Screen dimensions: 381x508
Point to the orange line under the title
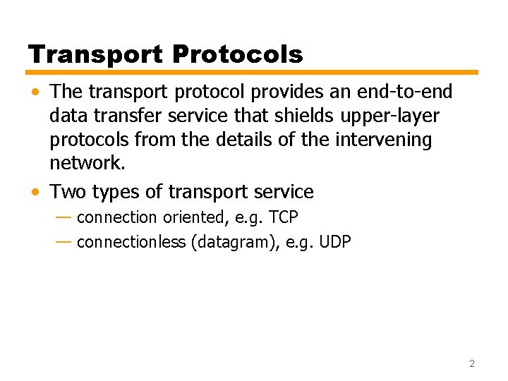coord(253,72)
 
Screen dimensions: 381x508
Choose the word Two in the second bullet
coord(68,192)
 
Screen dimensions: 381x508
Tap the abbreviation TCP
coord(284,217)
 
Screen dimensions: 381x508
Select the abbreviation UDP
coord(335,242)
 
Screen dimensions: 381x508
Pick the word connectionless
coord(131,242)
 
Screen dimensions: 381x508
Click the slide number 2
coord(471,364)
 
